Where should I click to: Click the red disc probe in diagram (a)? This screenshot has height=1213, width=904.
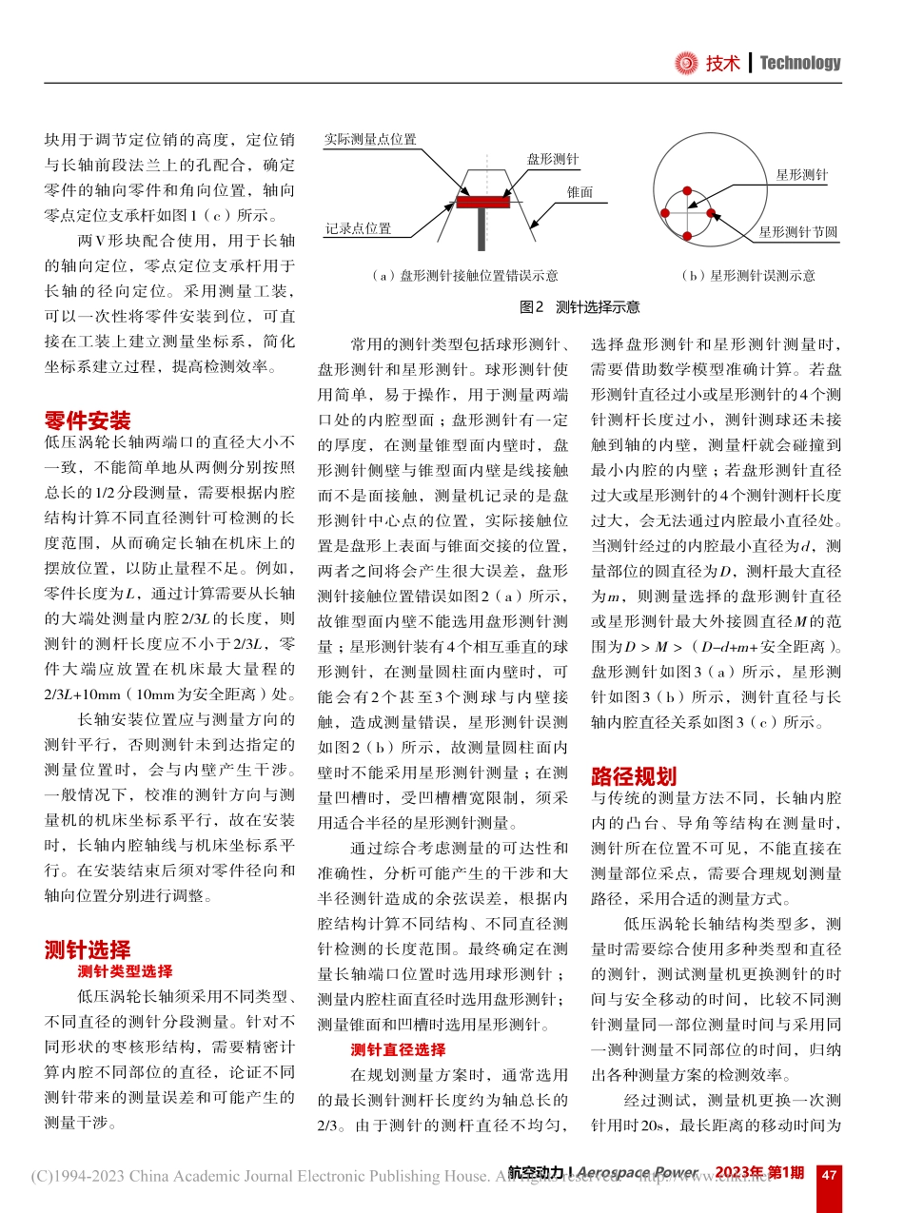coord(483,202)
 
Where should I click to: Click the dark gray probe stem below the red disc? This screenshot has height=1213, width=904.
coord(483,228)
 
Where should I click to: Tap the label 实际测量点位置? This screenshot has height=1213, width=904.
coord(370,139)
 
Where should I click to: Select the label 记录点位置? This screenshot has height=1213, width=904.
coord(358,229)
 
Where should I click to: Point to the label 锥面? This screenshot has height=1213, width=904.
coord(580,192)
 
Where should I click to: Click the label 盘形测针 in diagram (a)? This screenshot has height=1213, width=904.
coord(554,160)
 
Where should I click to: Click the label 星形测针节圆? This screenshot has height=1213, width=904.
coord(797,232)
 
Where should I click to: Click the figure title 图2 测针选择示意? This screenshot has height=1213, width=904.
coord(580,306)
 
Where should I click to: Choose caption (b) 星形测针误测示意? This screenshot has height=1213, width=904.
coord(748,276)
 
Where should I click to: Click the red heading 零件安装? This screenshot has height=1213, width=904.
coord(88,421)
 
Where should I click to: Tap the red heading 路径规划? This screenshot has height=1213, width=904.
coord(634,775)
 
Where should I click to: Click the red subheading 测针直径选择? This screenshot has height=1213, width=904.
coord(398,1049)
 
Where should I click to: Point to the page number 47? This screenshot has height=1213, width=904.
coord(829,1174)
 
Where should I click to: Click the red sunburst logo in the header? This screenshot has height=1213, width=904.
coord(685,63)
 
